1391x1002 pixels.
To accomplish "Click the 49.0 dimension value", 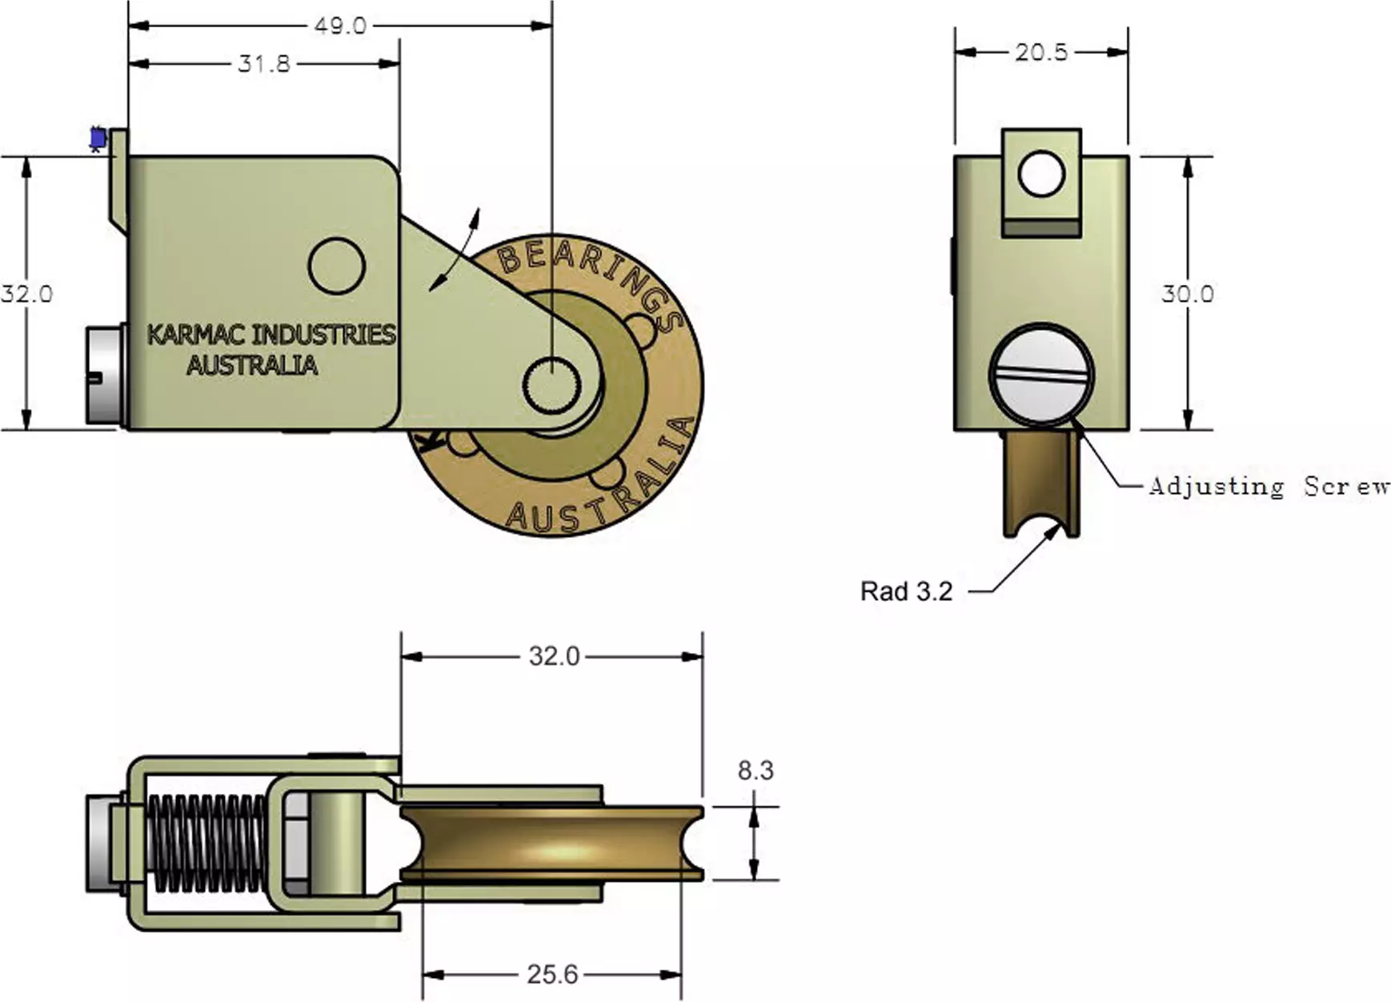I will [340, 26].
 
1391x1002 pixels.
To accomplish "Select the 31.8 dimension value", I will [264, 63].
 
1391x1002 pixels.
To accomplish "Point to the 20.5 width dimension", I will [1041, 52].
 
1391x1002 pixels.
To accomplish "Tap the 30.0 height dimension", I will [1188, 294].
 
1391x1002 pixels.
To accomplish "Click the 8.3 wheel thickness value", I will [756, 770].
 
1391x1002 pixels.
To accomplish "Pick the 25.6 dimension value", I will [552, 974].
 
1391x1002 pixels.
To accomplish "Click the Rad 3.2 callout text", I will [906, 591].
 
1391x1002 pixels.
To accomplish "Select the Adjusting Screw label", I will [1269, 486].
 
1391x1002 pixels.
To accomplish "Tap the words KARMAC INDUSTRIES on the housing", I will [271, 335].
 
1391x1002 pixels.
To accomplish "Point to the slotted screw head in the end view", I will [1041, 374].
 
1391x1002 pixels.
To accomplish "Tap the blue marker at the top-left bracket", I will [98, 138].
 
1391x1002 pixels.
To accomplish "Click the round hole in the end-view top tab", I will [1041, 174].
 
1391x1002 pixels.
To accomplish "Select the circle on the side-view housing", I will [337, 265].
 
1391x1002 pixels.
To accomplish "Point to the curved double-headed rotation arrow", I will [455, 250].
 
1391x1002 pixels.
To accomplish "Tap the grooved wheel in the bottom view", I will [551, 843].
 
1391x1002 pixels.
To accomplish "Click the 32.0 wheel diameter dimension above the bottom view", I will [554, 656].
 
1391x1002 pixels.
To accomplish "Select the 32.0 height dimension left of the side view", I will [26, 294].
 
